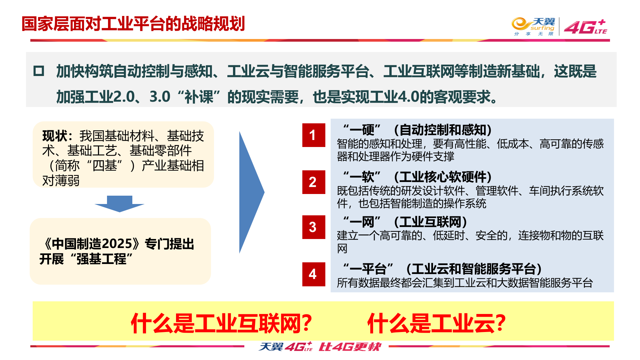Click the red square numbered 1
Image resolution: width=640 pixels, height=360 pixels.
313,135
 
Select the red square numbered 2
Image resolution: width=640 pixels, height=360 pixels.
313,182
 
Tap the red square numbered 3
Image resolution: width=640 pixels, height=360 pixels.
313,227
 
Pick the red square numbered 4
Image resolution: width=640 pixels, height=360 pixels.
313,274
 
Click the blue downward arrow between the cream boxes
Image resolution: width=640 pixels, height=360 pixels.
119,204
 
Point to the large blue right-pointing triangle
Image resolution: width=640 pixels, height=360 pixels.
250,192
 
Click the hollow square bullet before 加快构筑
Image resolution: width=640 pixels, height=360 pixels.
39,71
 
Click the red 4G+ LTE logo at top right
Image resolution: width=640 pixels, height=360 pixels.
585,27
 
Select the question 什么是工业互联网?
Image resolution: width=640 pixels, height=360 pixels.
221,323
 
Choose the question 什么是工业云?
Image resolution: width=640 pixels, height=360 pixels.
436,323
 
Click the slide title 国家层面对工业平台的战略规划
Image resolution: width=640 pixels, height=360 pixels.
133,24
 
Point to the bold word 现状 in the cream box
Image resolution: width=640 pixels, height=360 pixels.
55,136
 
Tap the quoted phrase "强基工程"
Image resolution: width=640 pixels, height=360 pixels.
102,259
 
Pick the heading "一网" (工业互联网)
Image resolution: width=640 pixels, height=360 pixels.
405,222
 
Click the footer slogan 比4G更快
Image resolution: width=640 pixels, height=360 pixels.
350,347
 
